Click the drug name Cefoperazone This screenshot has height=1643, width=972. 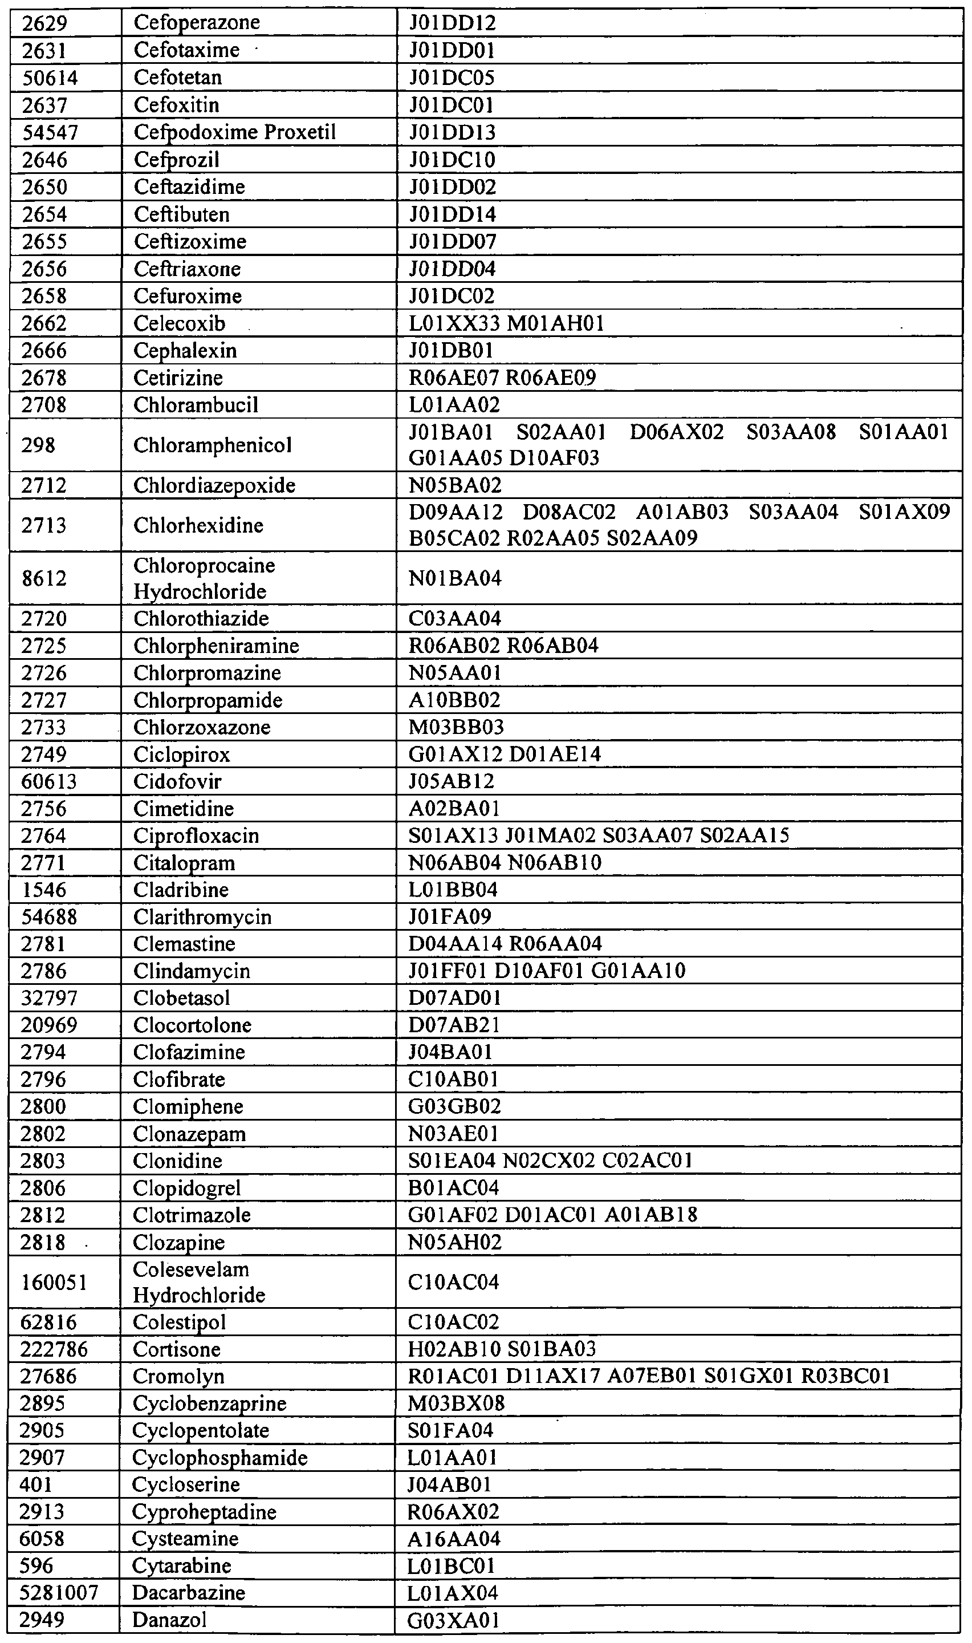click(197, 22)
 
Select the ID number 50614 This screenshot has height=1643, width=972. click(50, 78)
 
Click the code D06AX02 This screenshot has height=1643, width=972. click(676, 432)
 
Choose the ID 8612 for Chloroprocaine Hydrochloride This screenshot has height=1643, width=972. click(44, 578)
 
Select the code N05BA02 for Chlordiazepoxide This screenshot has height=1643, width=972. click(454, 485)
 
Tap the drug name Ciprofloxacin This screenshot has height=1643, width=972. click(196, 836)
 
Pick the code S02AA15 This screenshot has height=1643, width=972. click(745, 835)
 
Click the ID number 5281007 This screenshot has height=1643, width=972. click(59, 1593)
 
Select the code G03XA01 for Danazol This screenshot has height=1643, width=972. click(453, 1620)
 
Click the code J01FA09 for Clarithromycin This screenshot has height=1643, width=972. click(449, 917)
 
